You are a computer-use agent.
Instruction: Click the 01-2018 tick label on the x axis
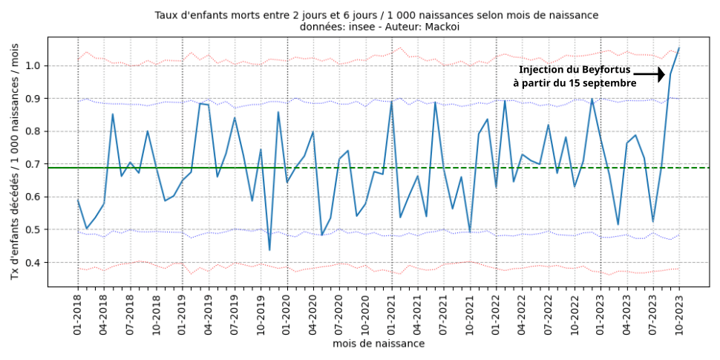[x=79, y=316]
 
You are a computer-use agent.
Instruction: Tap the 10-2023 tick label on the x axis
[x=678, y=316]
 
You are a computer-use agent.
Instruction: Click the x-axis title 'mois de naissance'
[x=379, y=344]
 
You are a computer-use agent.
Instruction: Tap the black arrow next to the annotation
[x=650, y=75]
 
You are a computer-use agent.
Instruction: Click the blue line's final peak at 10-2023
[x=679, y=48]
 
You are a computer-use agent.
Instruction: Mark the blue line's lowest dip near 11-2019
[x=269, y=249]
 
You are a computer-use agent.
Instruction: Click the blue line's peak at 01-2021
[x=391, y=102]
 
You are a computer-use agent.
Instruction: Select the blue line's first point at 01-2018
[x=79, y=200]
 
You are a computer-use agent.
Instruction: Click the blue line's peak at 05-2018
[x=113, y=114]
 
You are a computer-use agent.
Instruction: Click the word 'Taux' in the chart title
[x=167, y=15]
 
